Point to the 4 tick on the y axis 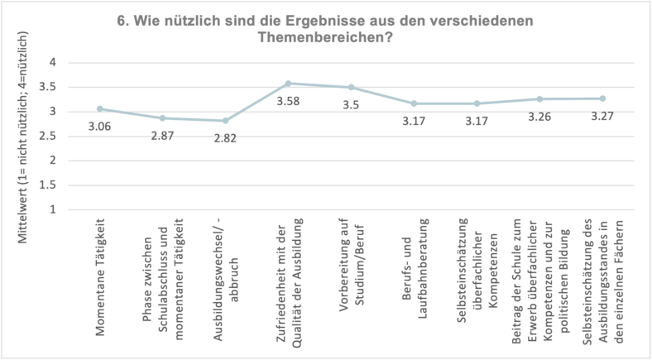(x=51, y=62)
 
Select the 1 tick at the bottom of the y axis (x=51, y=209)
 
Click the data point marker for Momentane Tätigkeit (x=99, y=108)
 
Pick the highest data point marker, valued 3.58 (x=288, y=83)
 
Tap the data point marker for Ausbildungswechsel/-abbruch (x=225, y=120)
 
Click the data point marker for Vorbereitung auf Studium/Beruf (x=351, y=87)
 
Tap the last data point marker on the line (x=602, y=98)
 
